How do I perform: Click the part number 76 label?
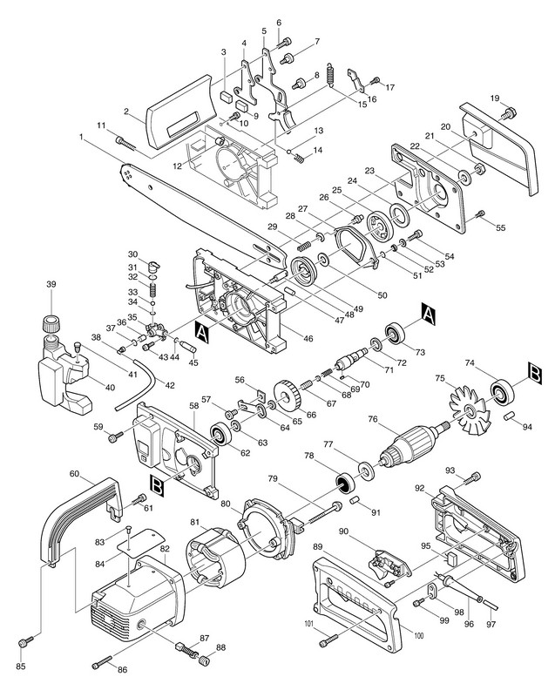point(372,419)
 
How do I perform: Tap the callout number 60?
point(75,474)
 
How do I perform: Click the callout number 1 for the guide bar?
point(82,136)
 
